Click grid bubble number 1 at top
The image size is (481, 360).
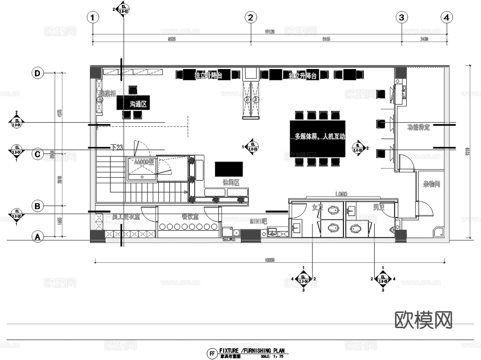point(93,18)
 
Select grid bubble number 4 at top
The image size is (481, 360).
point(447,18)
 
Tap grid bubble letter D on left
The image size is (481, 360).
point(37,73)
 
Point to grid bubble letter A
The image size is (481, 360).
point(37,237)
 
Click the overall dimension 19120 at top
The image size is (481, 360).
point(270,32)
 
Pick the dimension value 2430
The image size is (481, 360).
point(424,39)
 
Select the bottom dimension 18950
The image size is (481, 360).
point(270,260)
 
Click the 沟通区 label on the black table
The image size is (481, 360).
point(138,104)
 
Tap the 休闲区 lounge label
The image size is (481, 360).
point(231,183)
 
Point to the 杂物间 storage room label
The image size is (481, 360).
point(431,184)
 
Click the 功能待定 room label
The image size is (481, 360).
point(418,127)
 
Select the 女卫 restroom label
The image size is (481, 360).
point(317,207)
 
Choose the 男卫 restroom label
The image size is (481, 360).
point(379,207)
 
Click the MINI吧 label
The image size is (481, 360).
point(258,221)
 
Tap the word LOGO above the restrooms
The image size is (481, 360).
point(341,194)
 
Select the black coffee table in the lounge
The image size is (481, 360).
point(229,169)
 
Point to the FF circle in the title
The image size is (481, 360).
point(212,354)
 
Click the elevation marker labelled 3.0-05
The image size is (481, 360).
point(383,279)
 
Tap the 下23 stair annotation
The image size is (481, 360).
point(117,147)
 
